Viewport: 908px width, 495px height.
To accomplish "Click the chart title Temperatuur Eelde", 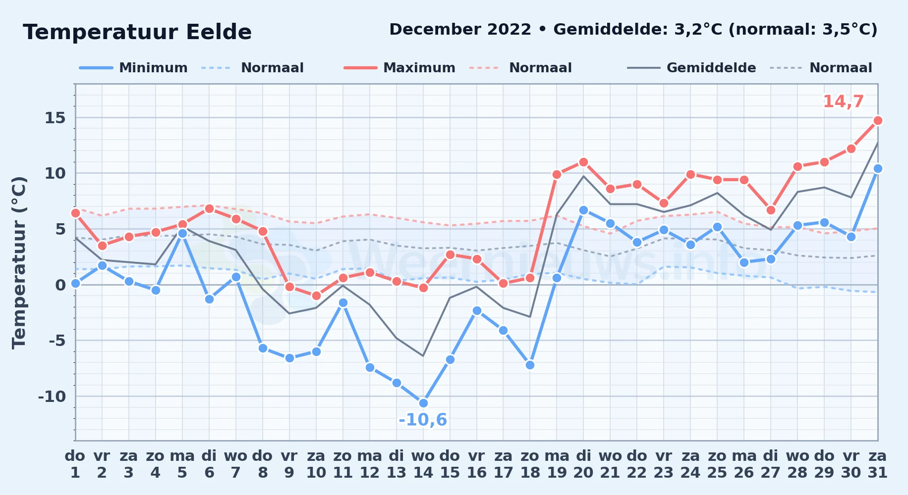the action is pos(137,32).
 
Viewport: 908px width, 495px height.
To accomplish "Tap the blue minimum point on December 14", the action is pos(423,403).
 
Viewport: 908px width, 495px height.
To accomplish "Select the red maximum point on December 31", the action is pos(878,120).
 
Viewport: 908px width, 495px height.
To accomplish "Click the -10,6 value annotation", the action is pos(423,420).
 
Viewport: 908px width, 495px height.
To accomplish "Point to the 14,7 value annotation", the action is pos(843,101).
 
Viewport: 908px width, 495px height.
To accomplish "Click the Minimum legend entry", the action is pos(133,68).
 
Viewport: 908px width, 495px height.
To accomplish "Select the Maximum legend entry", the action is pos(399,68).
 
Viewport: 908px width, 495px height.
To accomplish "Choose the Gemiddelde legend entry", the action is pos(691,68).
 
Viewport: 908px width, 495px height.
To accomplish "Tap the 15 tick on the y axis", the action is pos(55,118).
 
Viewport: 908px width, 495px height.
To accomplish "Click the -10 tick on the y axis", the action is pos(52,396).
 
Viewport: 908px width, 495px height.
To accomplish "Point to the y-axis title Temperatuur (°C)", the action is pos(19,262).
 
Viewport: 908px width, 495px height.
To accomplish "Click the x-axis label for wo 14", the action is pos(423,464).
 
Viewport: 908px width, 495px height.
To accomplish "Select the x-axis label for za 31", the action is pos(878,464).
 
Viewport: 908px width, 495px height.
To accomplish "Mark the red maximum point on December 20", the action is pos(583,162).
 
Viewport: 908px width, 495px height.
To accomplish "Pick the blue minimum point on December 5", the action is pos(182,233).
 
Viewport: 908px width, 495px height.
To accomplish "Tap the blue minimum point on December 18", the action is pos(530,365).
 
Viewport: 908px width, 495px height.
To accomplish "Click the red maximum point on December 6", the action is pos(209,208).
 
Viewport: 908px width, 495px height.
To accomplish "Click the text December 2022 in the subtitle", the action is pos(460,30).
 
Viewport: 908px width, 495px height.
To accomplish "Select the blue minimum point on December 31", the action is pos(878,168).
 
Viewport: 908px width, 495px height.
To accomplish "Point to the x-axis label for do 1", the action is pos(75,464).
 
